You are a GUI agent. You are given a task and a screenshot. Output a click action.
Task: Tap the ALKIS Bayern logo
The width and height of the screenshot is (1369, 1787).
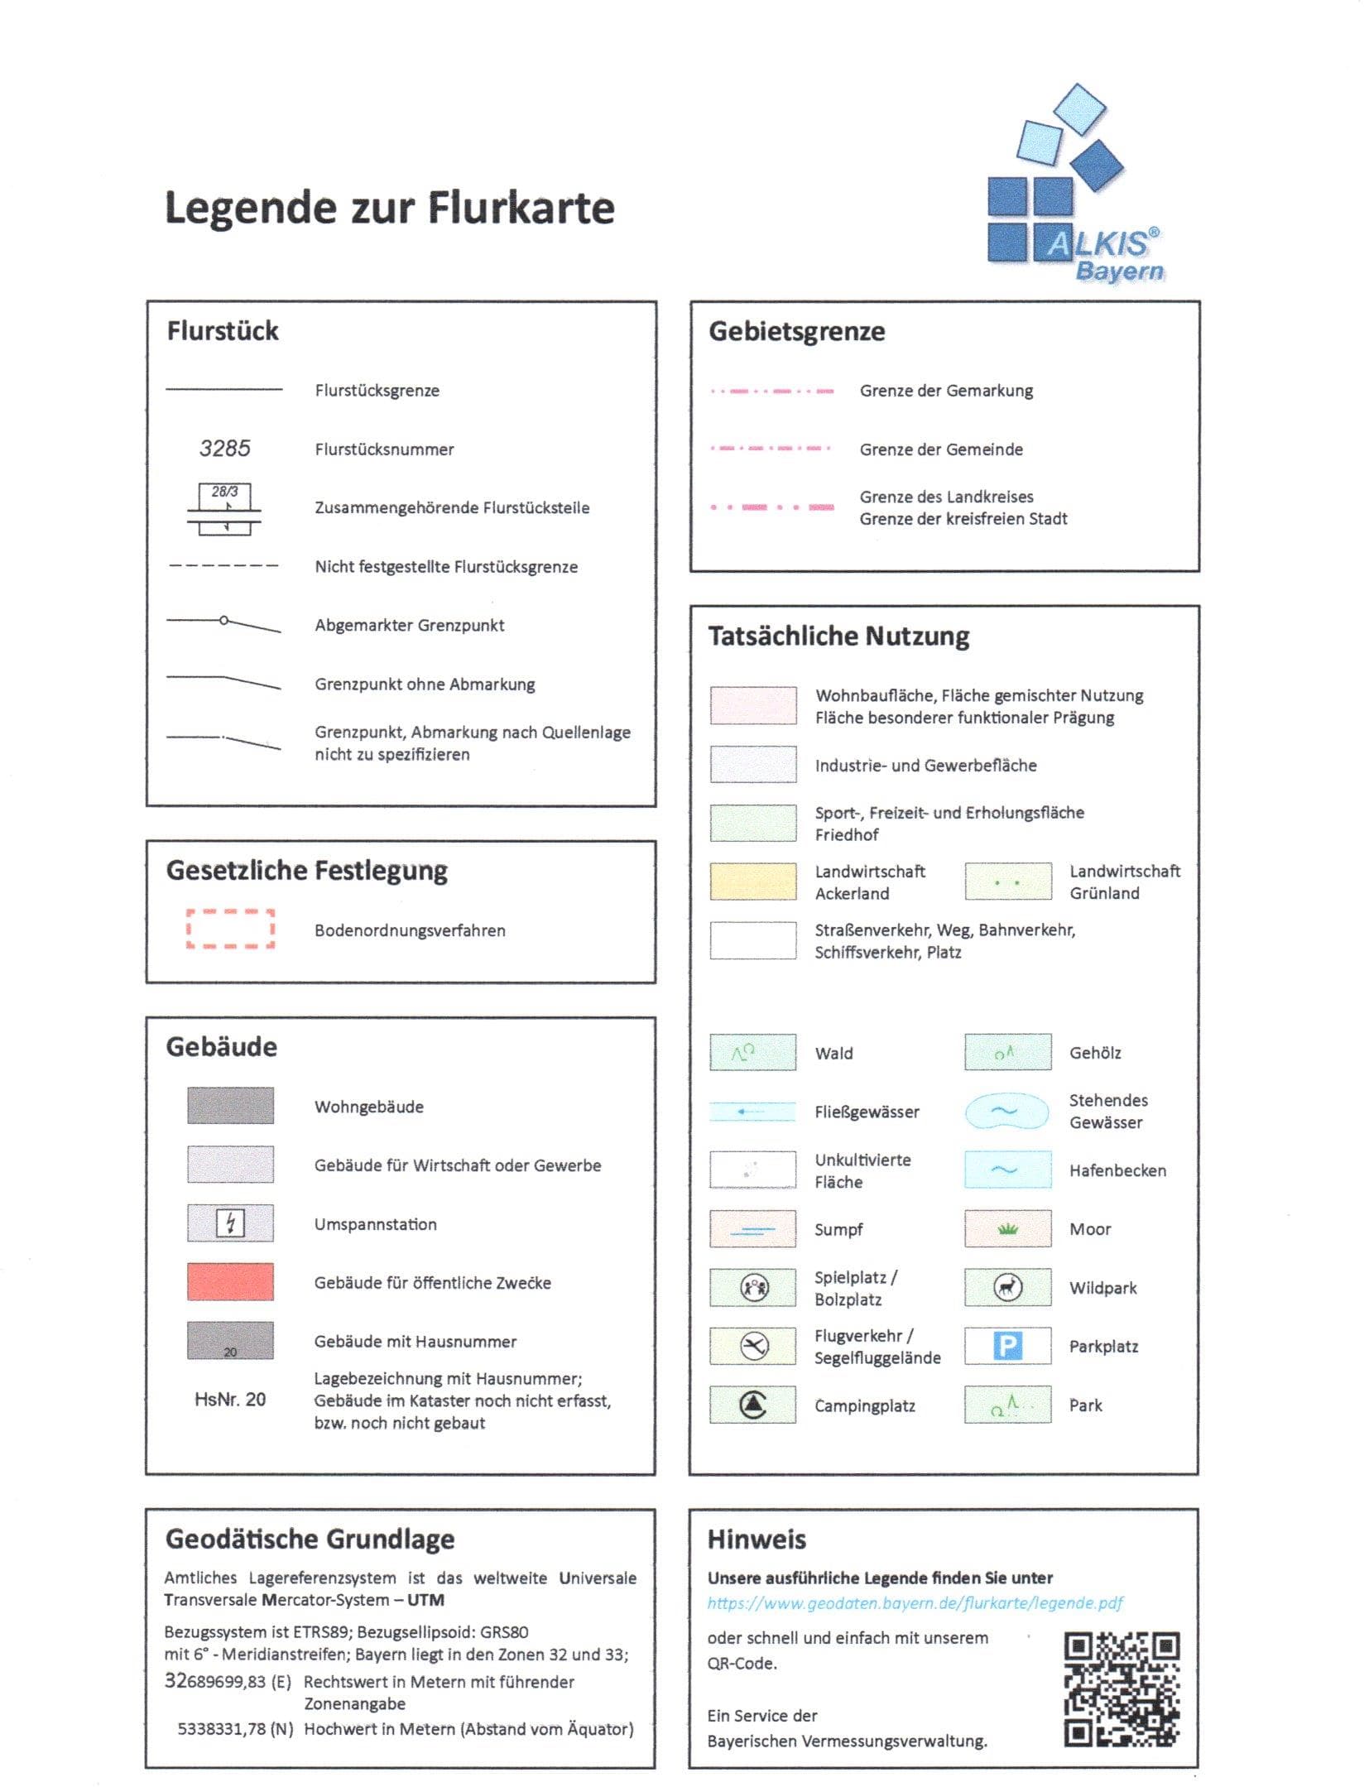coord(1074,186)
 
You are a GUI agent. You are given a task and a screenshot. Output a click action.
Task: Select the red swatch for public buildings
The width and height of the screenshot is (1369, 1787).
coord(230,1282)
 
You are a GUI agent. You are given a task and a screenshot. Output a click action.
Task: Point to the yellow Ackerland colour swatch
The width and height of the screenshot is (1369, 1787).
coord(753,881)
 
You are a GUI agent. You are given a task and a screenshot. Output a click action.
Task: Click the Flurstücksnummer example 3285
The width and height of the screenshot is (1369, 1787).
coord(224,449)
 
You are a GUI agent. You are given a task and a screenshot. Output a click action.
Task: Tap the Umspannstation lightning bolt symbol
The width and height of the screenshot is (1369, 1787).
coord(230,1223)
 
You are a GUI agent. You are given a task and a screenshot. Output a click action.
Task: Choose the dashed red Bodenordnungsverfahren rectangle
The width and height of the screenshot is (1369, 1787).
coord(230,929)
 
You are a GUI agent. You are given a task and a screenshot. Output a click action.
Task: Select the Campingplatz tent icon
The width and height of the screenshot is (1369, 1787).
coord(752,1405)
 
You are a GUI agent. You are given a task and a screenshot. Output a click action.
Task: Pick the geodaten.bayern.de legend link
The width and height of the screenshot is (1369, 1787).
coord(915,1603)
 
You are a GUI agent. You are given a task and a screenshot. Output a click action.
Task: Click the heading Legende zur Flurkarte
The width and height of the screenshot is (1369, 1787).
coord(390,208)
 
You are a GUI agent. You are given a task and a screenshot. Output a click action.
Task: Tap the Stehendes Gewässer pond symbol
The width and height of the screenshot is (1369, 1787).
coord(1006,1112)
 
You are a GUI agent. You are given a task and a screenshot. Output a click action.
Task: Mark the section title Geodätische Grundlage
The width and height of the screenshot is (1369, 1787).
coord(310,1539)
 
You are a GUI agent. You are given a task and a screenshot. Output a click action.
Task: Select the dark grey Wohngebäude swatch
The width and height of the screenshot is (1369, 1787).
coord(230,1106)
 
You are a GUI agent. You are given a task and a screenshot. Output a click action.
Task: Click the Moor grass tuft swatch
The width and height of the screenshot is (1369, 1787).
coord(1007,1229)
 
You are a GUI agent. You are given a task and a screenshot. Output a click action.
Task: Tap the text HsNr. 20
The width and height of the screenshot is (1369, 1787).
coord(230,1400)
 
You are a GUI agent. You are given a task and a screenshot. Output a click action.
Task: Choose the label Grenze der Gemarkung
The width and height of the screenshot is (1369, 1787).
coord(946,391)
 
